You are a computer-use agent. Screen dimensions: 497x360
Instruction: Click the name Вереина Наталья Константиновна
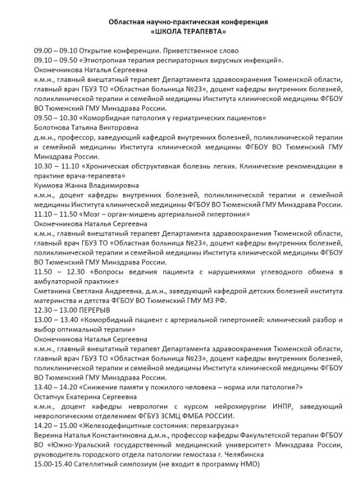(x=91, y=436)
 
